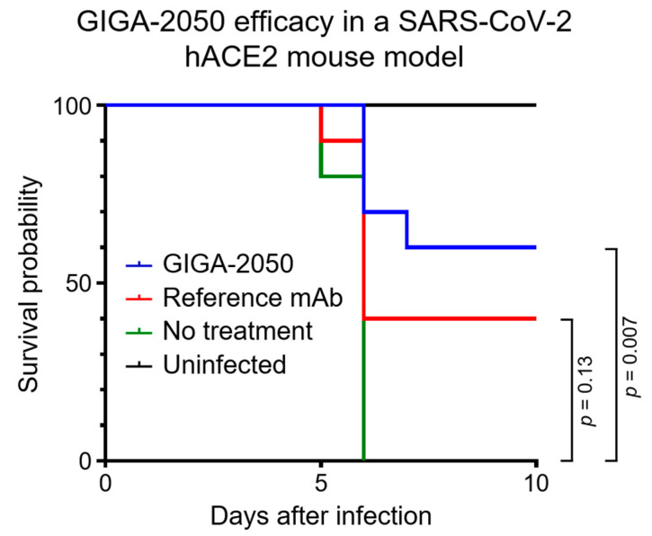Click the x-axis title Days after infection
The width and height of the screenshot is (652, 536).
pos(320,515)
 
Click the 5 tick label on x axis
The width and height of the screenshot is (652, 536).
pos(321,483)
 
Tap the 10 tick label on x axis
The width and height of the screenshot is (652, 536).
pos(536,483)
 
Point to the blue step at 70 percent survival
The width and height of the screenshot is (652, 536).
pos(385,211)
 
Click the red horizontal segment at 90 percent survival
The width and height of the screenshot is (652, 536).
pos(342,140)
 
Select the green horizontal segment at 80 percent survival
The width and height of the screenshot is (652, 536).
pos(342,175)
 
